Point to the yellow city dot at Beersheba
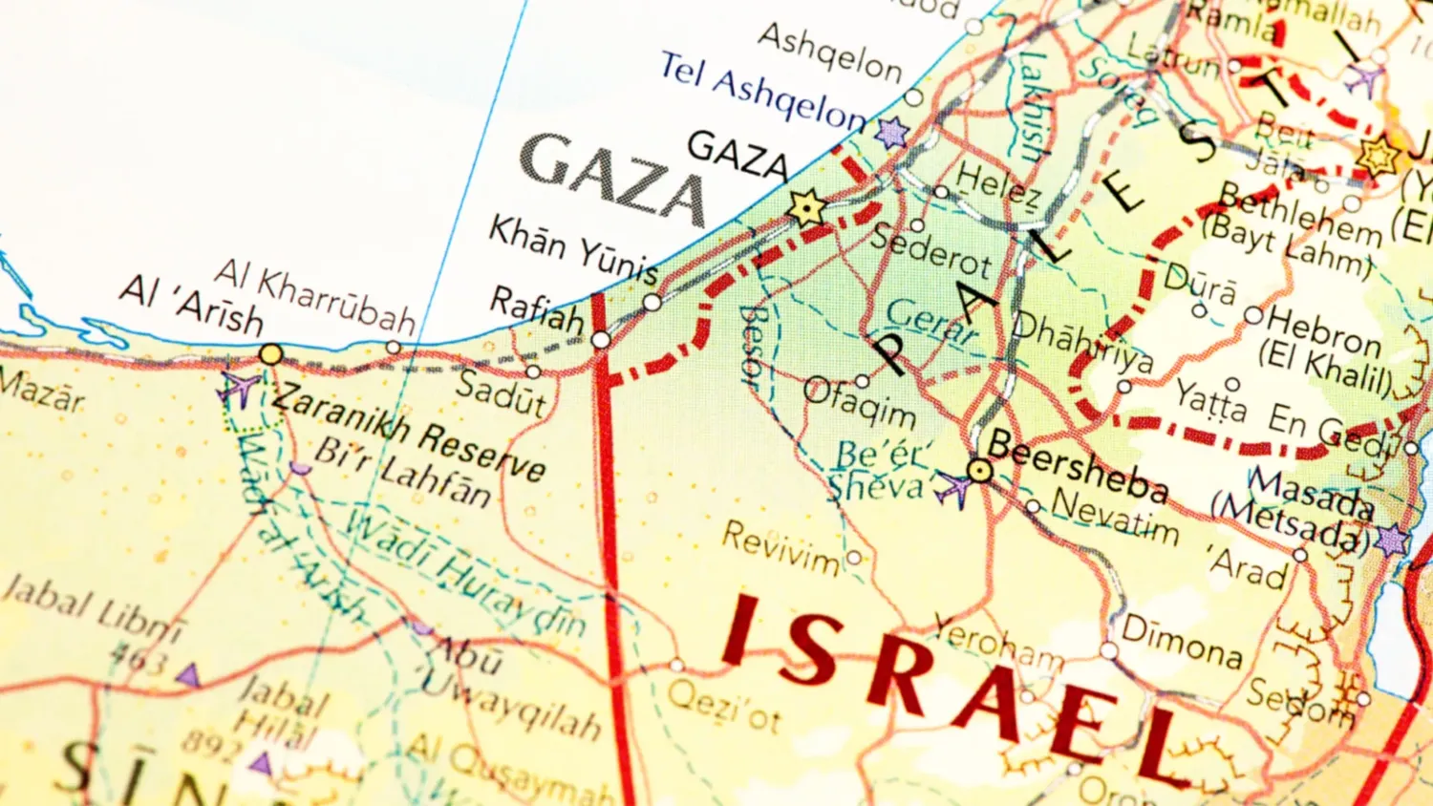pos(979,470)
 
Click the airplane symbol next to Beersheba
pos(952,489)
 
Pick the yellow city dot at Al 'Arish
pos(271,355)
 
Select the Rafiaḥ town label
pos(537,309)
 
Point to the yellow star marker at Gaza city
pos(806,207)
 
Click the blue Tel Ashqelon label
pos(761,92)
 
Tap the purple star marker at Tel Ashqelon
pos(892,133)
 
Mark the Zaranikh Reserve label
pos(409,435)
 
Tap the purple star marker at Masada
pos(1392,541)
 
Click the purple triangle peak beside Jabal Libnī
pos(189,676)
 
